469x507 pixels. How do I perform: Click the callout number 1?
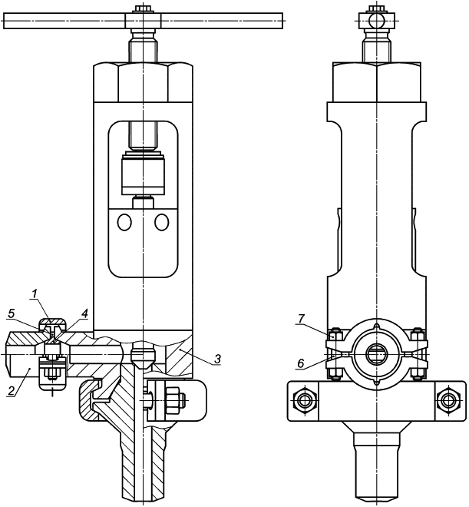click(x=35, y=294)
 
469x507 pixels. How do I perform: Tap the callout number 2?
click(x=11, y=390)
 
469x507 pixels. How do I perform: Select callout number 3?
click(x=217, y=359)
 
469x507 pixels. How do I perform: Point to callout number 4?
click(x=84, y=313)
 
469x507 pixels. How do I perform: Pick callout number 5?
click(x=12, y=313)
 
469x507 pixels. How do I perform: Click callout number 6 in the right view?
click(x=301, y=363)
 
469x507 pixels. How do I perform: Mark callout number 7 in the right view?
click(x=301, y=319)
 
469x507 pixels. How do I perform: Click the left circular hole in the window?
click(x=124, y=222)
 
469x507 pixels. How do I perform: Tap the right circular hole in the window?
click(x=161, y=222)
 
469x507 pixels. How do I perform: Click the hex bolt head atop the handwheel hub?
click(x=143, y=8)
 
